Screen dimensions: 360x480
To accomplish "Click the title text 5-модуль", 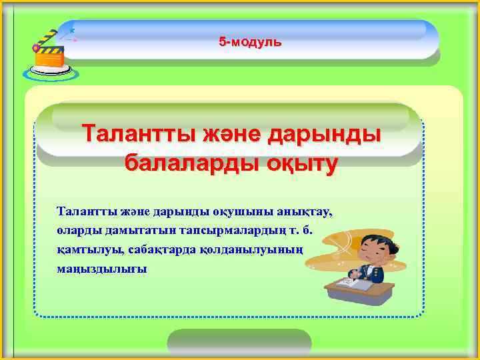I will tap(250, 43).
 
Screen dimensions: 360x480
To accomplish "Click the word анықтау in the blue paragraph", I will tap(307, 212).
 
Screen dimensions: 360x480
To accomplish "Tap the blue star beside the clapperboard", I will tap(71, 31).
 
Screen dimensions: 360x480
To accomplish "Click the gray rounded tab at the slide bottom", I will tap(239, 343).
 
